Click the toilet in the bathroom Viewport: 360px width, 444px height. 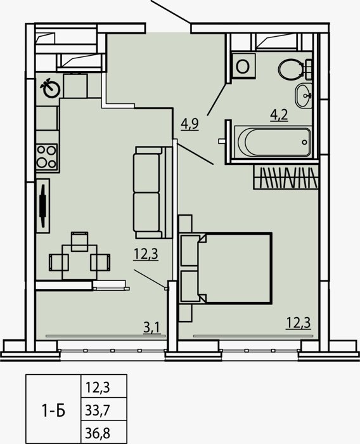pyautogui.click(x=294, y=69)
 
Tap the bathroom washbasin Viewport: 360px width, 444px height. pyautogui.click(x=304, y=95)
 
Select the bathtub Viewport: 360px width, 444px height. pyautogui.click(x=273, y=141)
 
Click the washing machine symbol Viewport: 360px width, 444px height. pyautogui.click(x=243, y=66)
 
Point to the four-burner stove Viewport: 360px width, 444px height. pyautogui.click(x=47, y=157)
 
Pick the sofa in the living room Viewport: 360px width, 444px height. pyautogui.click(x=152, y=192)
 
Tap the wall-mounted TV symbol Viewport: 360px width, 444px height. pyautogui.click(x=43, y=206)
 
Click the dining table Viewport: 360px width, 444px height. pyautogui.click(x=79, y=262)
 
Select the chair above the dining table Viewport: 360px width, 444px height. pyautogui.click(x=79, y=241)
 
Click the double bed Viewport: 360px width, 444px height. pyautogui.click(x=226, y=268)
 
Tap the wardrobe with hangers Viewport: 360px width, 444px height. pyautogui.click(x=285, y=177)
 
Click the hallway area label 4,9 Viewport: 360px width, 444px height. pyautogui.click(x=190, y=124)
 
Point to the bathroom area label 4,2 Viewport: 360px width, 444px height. pyautogui.click(x=279, y=115)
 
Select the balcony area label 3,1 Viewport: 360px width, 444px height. pyautogui.click(x=152, y=328)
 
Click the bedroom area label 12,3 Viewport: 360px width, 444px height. pyautogui.click(x=299, y=323)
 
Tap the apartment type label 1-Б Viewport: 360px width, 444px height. pyautogui.click(x=53, y=410)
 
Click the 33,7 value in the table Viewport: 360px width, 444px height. pyautogui.click(x=97, y=410)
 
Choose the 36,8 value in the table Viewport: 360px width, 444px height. pyautogui.click(x=98, y=433)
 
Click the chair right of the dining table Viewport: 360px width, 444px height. pyautogui.click(x=100, y=262)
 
